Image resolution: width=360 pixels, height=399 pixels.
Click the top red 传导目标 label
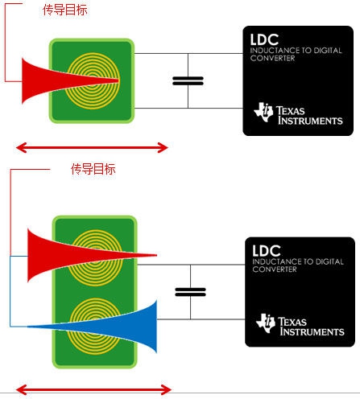[65, 10]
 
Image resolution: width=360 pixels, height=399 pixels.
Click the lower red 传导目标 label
[93, 169]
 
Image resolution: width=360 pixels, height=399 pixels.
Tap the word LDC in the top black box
[264, 39]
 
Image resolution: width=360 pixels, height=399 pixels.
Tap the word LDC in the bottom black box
[267, 251]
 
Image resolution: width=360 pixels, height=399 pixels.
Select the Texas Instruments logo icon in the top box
[263, 112]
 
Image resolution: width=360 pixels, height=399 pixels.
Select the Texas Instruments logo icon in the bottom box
[266, 323]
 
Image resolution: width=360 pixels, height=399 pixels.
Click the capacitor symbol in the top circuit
[188, 80]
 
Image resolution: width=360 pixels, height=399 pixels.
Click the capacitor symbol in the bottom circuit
[190, 292]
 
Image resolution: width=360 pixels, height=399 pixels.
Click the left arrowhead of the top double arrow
[22, 147]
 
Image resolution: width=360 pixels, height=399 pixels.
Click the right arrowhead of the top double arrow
[163, 147]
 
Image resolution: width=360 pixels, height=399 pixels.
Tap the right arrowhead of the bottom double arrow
[167, 389]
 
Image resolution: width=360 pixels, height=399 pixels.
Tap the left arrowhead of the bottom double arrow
[22, 389]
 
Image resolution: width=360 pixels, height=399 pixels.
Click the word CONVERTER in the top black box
[272, 58]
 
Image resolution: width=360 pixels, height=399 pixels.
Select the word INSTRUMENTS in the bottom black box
[312, 331]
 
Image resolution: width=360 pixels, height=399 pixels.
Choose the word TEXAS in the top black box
[291, 111]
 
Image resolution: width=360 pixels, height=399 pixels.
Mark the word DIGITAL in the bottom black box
[329, 261]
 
